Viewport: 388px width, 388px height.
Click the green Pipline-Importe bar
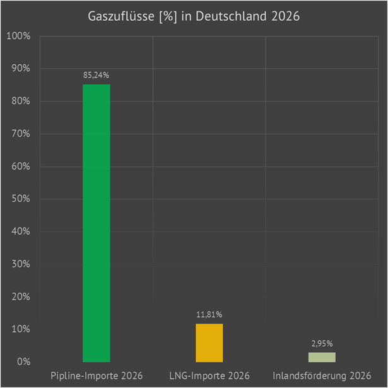[97, 223]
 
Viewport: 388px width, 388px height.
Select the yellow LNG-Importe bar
[209, 343]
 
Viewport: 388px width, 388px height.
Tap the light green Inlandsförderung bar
[322, 357]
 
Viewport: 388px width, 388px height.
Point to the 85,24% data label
[97, 75]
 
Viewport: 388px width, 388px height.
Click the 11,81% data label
[209, 314]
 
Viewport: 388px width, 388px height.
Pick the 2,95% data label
[322, 343]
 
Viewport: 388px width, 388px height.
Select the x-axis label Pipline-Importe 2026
[97, 376]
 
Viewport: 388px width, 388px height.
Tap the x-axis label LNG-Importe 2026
[209, 376]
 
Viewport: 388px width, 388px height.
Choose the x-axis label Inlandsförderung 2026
[322, 376]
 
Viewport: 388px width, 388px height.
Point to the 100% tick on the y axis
[18, 36]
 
